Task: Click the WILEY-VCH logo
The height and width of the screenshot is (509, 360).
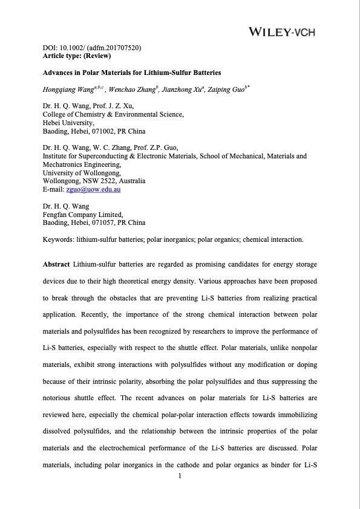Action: [282, 31]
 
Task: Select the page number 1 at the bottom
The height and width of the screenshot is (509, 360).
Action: [180, 476]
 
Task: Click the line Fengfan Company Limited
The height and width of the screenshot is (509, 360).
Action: [83, 214]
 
